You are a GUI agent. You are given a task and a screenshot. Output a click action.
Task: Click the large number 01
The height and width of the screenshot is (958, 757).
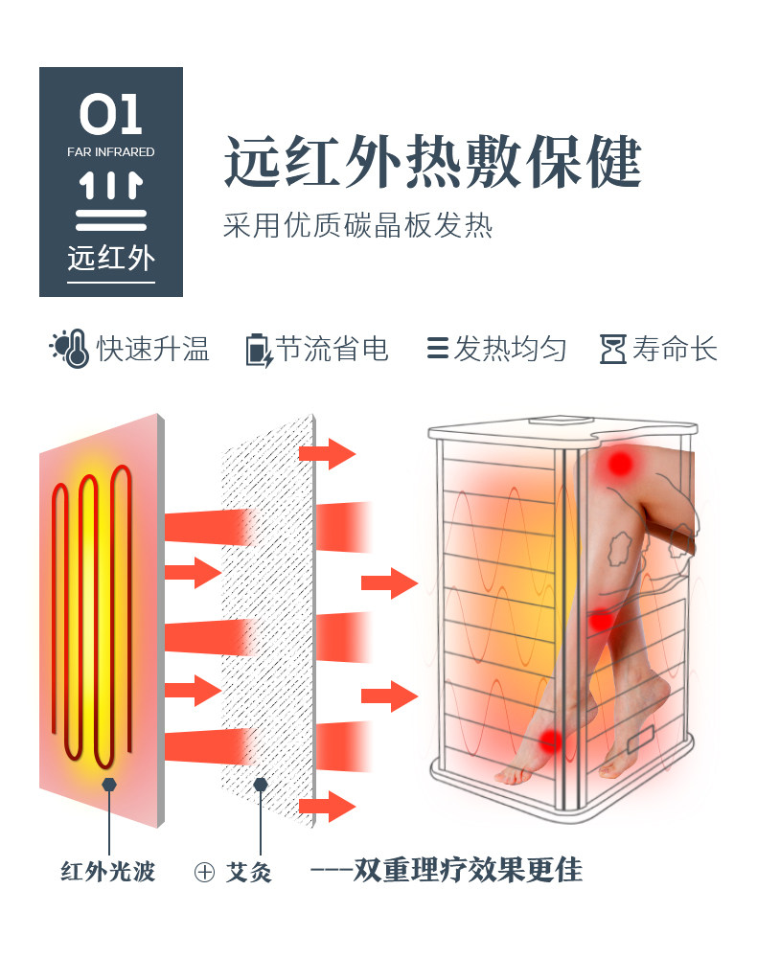110,114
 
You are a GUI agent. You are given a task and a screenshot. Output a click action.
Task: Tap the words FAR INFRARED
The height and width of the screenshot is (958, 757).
110,151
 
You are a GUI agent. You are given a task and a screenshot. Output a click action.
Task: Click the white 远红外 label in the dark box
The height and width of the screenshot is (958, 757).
111,258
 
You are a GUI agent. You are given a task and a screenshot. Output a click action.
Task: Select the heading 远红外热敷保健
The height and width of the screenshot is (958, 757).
432,161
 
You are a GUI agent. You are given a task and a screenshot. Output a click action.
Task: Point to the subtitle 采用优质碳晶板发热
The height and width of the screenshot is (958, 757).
357,225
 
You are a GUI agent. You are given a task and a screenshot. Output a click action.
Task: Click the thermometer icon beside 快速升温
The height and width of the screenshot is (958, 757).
70,349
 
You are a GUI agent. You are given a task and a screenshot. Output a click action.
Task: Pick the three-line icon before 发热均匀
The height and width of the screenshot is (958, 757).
438,349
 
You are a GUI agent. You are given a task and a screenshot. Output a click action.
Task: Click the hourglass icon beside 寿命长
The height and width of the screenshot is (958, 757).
613,349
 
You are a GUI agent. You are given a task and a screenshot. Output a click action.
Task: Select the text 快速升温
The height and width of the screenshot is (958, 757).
153,349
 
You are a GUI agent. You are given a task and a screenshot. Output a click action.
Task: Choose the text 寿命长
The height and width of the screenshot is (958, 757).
675,349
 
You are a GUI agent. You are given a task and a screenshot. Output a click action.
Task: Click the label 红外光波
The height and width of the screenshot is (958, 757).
108,871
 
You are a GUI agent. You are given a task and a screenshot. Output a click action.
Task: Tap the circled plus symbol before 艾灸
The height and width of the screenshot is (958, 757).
205,872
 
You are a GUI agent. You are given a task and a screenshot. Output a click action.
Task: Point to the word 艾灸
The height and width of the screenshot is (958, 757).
249,871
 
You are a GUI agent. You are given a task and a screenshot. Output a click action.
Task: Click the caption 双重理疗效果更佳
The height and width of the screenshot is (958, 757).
468,870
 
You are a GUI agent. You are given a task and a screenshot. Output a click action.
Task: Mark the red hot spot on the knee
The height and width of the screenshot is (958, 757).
620,464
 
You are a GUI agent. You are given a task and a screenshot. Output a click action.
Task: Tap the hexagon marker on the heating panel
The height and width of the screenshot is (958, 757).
109,785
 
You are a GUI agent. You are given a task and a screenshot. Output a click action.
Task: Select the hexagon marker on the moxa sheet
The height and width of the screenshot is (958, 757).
261,785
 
